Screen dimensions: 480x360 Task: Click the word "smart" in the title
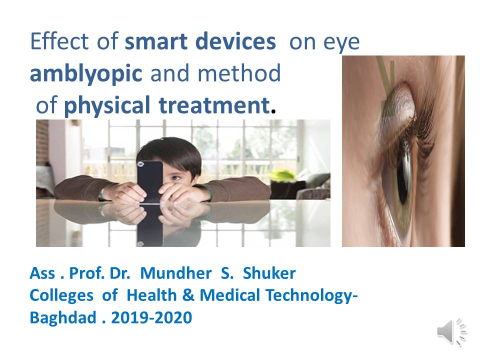tap(156, 41)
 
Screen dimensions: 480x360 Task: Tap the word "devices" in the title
tap(235, 41)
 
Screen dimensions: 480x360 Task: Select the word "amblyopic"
tap(86, 74)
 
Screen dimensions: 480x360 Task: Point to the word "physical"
tap(107, 105)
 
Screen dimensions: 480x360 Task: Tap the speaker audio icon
tap(452, 332)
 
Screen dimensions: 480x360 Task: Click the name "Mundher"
tap(175, 273)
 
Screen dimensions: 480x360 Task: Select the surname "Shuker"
tap(269, 273)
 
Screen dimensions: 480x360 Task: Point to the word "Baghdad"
tap(63, 318)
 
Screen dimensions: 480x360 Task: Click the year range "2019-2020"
tap(151, 317)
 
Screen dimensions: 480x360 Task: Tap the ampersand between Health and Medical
tap(188, 295)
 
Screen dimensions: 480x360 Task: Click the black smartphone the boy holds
tap(149, 181)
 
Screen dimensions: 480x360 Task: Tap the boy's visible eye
tap(175, 178)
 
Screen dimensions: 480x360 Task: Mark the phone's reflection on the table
tap(149, 225)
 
